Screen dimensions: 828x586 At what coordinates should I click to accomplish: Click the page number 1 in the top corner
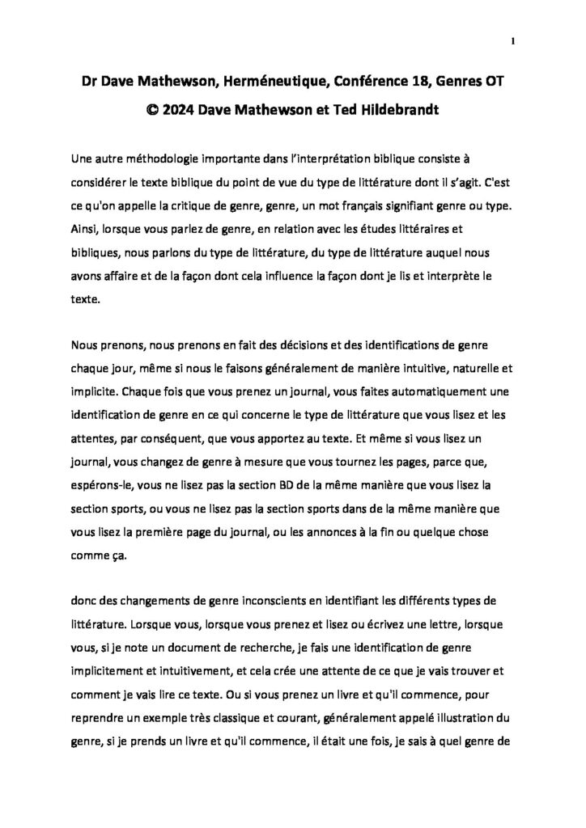click(514, 41)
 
